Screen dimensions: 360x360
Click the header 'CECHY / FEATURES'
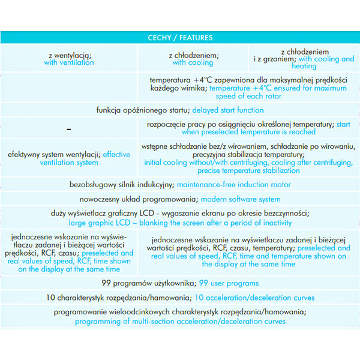(x=180, y=38)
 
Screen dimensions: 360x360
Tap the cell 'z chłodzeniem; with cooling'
(x=193, y=59)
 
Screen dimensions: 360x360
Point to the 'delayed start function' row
(x=180, y=110)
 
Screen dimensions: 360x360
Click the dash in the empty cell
(x=69, y=128)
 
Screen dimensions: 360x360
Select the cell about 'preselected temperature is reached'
(x=248, y=128)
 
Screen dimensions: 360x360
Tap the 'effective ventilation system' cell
(x=69, y=158)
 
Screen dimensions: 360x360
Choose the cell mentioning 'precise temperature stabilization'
(x=248, y=158)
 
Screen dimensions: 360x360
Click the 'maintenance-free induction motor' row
(x=180, y=185)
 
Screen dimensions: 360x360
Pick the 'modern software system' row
(x=180, y=199)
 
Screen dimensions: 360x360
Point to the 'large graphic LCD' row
(x=180, y=218)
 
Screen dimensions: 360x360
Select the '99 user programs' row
(x=180, y=283)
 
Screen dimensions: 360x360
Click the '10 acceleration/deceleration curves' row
(x=180, y=298)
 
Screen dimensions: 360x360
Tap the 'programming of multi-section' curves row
(x=180, y=317)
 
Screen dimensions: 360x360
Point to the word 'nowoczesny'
(x=100, y=199)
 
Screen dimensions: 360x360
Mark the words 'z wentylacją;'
(x=69, y=55)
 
